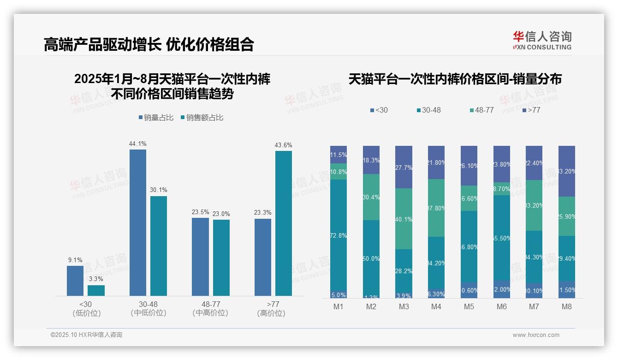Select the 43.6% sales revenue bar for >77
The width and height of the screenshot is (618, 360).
click(283, 223)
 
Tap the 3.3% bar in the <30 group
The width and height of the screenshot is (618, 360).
click(96, 290)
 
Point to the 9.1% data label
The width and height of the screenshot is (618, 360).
click(75, 260)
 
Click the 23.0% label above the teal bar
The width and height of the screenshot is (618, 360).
click(221, 214)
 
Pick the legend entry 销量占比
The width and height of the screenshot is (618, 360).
click(156, 118)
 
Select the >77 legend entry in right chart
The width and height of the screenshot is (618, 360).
click(531, 110)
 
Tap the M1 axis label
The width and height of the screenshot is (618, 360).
click(338, 307)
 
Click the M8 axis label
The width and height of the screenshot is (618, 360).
click(566, 307)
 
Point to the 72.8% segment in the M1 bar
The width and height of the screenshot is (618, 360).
click(338, 235)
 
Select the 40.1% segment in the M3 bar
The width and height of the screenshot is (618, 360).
click(404, 219)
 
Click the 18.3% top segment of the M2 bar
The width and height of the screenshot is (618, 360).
click(371, 160)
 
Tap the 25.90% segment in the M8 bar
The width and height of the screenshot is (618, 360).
click(566, 216)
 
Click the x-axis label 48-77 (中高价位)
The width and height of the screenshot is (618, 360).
click(210, 308)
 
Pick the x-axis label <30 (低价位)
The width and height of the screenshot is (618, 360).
click(86, 308)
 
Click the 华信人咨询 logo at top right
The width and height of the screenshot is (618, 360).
click(542, 41)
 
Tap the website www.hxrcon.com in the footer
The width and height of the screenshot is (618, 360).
click(536, 335)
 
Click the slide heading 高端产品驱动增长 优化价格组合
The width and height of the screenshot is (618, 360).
click(149, 45)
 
